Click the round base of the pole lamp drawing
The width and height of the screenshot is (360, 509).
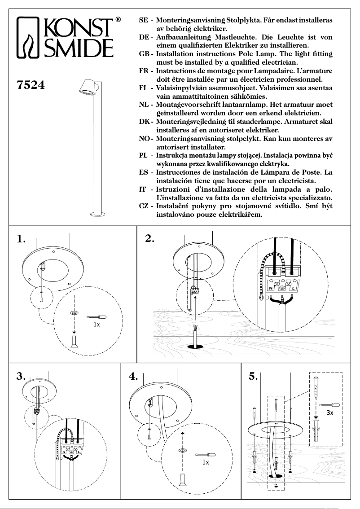click(x=95, y=214)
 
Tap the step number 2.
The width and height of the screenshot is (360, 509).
click(x=150, y=239)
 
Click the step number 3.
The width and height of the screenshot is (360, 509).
click(x=21, y=377)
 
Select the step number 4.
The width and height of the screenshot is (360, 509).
click(x=132, y=377)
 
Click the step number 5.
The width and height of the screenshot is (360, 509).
click(x=253, y=377)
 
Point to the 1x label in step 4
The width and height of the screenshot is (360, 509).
click(x=206, y=462)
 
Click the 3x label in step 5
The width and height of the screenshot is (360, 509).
click(x=329, y=412)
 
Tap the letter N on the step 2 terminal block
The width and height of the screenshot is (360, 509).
click(x=271, y=288)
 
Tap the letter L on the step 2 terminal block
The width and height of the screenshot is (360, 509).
click(x=293, y=288)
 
